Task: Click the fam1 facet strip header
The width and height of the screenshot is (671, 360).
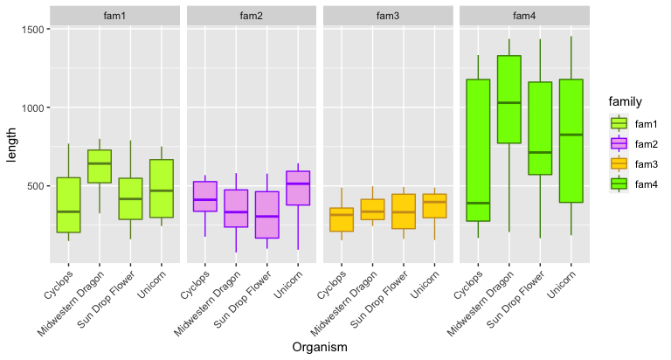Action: coord(114,16)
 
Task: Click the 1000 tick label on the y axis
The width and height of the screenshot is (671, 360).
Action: coord(32,108)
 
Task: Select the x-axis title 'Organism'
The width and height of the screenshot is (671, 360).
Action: coord(320,347)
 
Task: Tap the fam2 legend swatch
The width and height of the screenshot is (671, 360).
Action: coord(619,143)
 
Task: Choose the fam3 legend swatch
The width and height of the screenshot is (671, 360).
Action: coord(619,163)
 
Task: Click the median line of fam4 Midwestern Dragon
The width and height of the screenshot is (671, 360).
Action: coord(508,103)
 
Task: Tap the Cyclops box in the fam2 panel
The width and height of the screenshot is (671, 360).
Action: coord(205,197)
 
